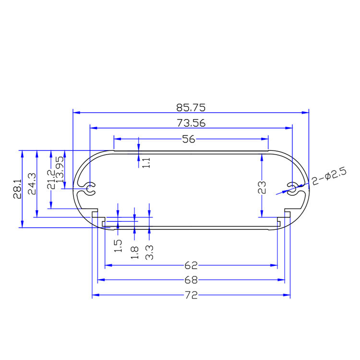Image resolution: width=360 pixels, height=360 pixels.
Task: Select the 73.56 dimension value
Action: tap(191, 123)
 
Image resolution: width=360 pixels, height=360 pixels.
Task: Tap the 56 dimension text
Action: tap(191, 139)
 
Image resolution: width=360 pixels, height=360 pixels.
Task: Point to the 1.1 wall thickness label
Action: tap(147, 162)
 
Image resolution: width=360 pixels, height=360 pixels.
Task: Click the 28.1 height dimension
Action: tap(17, 189)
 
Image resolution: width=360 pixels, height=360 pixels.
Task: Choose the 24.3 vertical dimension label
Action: tap(32, 183)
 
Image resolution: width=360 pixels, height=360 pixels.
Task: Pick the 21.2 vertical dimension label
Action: tap(51, 179)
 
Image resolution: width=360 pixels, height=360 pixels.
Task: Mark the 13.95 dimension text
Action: tap(60, 171)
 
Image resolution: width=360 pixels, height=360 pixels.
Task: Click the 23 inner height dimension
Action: tap(262, 187)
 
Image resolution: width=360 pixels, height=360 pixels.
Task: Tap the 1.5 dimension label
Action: tap(118, 246)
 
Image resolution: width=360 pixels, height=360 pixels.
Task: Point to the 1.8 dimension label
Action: tap(134, 252)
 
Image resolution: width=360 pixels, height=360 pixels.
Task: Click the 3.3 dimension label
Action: tap(149, 252)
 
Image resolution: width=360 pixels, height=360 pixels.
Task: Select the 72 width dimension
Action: tap(192, 295)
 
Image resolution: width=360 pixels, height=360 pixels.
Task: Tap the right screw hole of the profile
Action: tap(292, 188)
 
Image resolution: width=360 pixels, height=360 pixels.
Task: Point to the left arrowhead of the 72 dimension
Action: tap(95, 295)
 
